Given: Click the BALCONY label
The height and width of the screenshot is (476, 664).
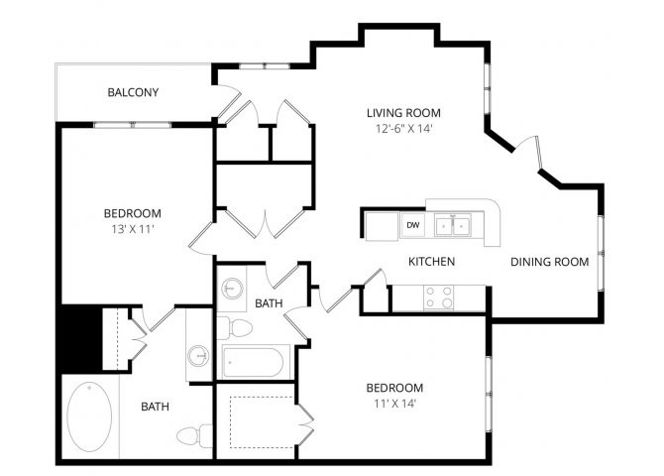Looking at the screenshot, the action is (x=133, y=92).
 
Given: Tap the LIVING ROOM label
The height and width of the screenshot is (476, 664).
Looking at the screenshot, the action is (x=403, y=113).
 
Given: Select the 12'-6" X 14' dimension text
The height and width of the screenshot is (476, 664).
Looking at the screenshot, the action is (x=403, y=129).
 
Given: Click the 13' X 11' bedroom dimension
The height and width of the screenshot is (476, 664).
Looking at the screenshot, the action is (x=133, y=229).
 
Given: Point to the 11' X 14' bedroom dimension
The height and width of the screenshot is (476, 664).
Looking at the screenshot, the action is (x=394, y=404).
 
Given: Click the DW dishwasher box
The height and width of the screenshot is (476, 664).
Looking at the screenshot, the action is (x=413, y=225).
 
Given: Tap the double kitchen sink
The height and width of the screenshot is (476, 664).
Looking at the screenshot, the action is (x=453, y=225).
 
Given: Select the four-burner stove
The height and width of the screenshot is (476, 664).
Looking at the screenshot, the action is (x=438, y=297).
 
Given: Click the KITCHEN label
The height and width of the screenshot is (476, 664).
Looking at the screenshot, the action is (x=431, y=262).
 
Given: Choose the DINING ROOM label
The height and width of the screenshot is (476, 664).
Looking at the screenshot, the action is (x=550, y=262).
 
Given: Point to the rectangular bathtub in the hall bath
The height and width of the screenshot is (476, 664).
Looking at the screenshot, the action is (x=253, y=363).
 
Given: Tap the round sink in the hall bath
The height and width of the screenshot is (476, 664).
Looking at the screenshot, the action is (x=231, y=290).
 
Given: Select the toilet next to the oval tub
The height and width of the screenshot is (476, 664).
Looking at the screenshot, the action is (x=195, y=435).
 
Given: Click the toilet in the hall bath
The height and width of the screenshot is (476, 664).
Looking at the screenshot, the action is (x=234, y=328).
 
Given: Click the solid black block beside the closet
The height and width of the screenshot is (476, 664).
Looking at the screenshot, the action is (x=81, y=338).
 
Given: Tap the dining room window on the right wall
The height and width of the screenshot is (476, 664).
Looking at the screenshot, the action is (x=601, y=253).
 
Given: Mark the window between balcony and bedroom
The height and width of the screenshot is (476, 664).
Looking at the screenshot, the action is (x=133, y=125).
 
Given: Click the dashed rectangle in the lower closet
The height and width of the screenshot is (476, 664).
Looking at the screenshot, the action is (x=262, y=422).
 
